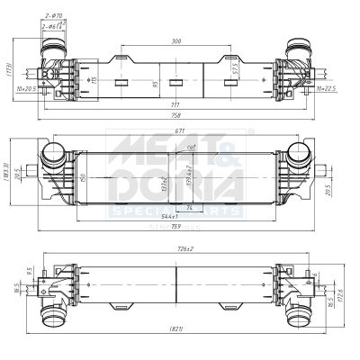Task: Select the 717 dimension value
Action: pyautogui.click(x=174, y=105)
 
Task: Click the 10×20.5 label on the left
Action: pyautogui.click(x=24, y=89)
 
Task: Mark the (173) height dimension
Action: pyautogui.click(x=6, y=70)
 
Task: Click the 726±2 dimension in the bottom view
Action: pyautogui.click(x=185, y=249)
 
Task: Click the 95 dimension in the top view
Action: pyautogui.click(x=154, y=85)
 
